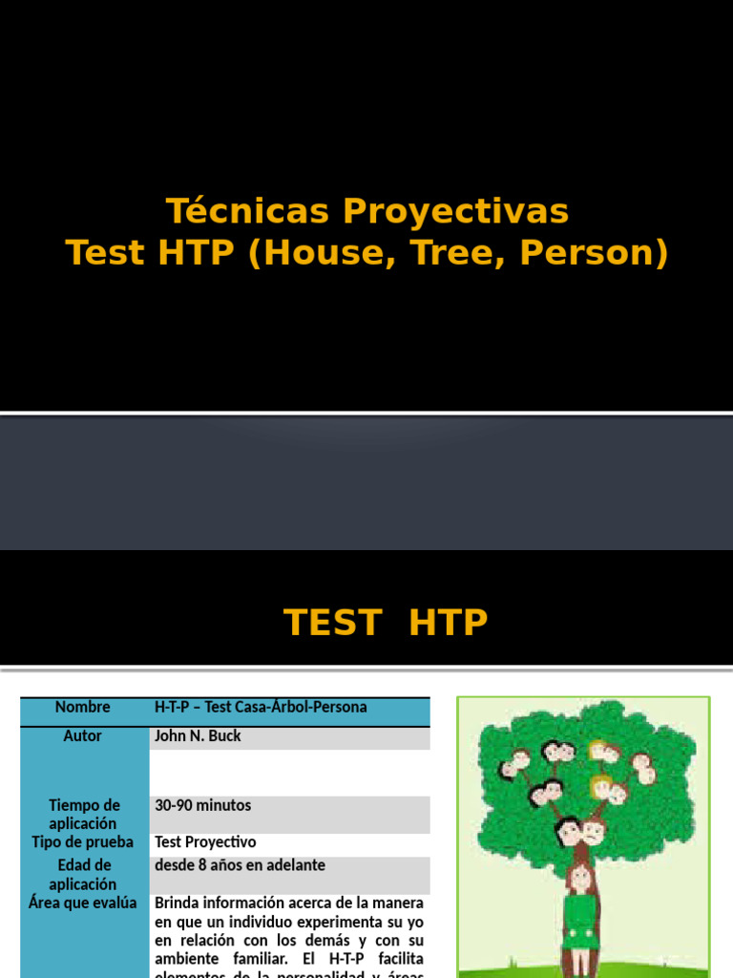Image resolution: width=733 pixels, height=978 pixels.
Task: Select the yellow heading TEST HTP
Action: (x=386, y=623)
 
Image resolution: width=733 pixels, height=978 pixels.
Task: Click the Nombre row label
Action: (x=83, y=708)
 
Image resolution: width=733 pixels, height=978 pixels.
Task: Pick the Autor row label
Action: (x=83, y=736)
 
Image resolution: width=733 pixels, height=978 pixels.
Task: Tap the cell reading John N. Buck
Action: (x=198, y=736)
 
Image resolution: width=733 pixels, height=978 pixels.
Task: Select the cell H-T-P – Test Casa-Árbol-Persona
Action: (x=261, y=708)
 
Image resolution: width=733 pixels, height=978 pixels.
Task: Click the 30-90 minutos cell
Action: (x=203, y=806)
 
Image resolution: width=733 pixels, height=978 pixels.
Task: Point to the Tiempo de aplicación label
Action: (x=83, y=815)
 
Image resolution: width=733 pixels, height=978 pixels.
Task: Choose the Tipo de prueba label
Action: (x=83, y=842)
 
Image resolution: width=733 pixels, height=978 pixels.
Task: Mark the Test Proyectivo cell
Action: (x=205, y=842)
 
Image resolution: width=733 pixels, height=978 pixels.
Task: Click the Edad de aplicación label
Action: (x=83, y=875)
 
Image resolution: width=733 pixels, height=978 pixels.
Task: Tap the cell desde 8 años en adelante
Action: (x=240, y=865)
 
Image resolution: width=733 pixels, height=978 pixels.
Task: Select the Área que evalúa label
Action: (x=83, y=903)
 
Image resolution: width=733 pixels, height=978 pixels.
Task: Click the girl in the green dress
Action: (x=580, y=912)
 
